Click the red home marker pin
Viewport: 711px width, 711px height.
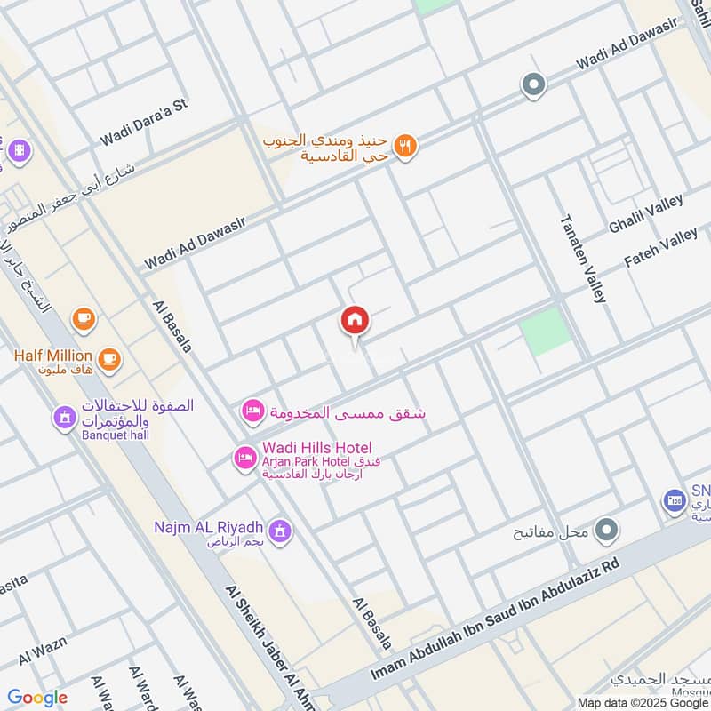coord(355,321)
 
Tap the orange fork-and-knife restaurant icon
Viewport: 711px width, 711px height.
coord(405,147)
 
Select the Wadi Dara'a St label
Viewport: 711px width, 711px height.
coord(144,122)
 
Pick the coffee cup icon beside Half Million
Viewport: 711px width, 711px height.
coord(109,359)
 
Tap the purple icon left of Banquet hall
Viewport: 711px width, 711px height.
coord(64,417)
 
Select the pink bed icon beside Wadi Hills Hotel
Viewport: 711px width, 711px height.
coord(244,458)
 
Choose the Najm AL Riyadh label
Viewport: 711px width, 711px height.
coord(204,527)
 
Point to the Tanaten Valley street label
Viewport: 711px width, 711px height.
coord(583,259)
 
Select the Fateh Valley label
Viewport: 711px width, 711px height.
coord(661,248)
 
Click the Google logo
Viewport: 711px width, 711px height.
coord(37,698)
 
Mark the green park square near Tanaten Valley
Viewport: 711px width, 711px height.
coord(545,331)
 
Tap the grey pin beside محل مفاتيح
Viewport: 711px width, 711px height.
coord(607,531)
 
